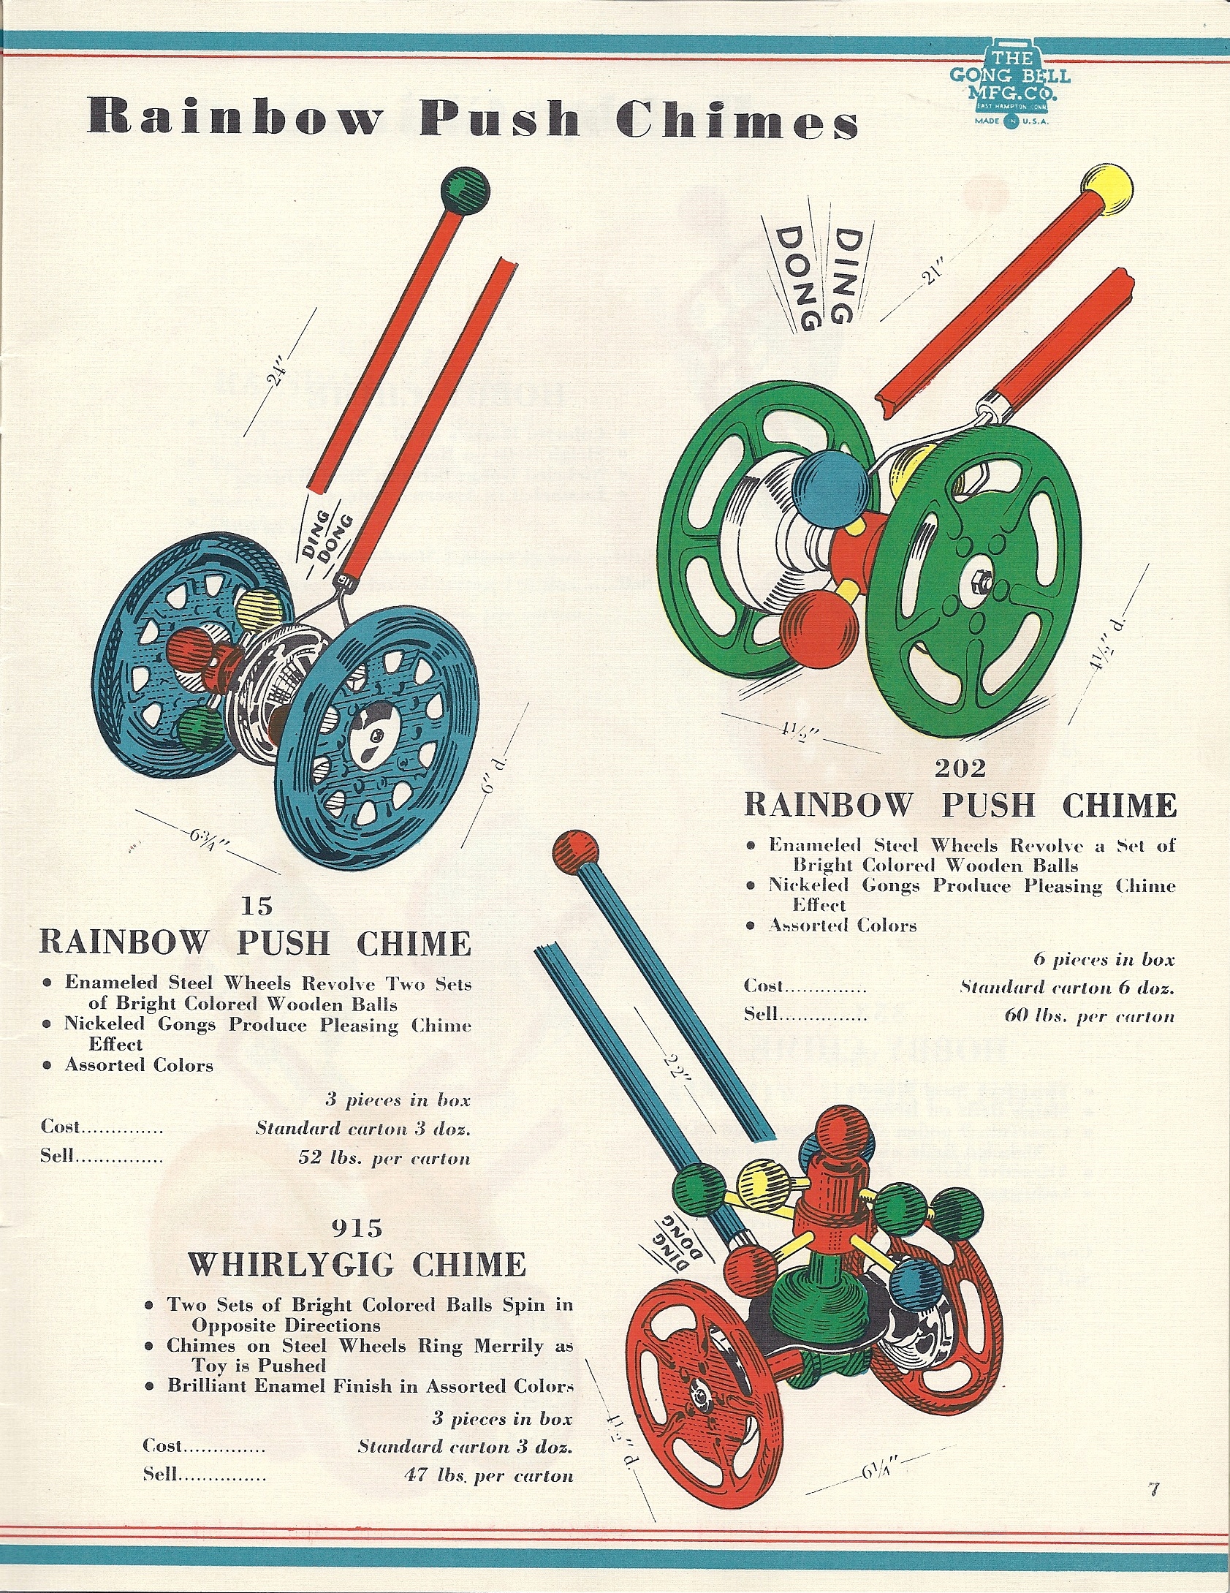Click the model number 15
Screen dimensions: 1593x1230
[x=257, y=907]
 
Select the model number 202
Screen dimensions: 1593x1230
[x=960, y=768]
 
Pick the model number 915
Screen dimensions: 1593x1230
[x=357, y=1227]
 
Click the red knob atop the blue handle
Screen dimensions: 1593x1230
[x=576, y=850]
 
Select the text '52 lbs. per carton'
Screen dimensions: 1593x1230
[x=384, y=1158]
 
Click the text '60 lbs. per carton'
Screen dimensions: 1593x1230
[x=1089, y=1016]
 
